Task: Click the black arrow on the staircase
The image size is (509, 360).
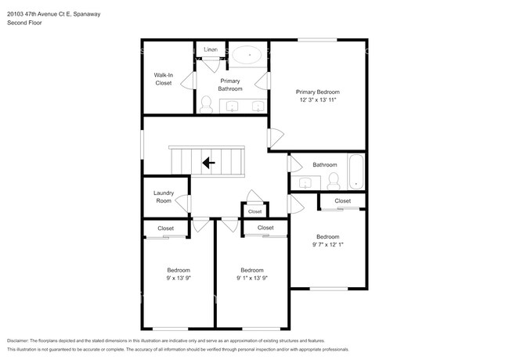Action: point(208,163)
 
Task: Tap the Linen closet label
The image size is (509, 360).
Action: point(211,49)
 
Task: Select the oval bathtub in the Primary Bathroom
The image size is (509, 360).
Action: point(247,55)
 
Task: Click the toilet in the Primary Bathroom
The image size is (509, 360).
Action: point(206,104)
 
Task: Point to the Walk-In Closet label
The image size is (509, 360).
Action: point(164,79)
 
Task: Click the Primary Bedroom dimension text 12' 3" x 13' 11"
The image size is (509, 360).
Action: point(317,100)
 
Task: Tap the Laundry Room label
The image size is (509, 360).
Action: point(164,197)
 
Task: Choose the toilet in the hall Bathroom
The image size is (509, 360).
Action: point(334,181)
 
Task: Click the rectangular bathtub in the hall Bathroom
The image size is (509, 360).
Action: point(356,171)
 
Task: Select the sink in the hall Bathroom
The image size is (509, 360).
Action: point(305,183)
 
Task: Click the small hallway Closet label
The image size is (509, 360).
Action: point(254,211)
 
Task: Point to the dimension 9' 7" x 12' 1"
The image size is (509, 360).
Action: point(328,244)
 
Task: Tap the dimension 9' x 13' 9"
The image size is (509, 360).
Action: point(179,278)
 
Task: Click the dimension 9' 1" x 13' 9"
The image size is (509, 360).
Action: point(252,278)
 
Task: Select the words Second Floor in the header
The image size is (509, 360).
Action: point(24,23)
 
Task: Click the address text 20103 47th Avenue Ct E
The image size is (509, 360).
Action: point(38,14)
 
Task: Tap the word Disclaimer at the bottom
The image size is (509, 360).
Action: point(18,340)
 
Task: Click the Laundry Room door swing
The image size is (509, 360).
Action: point(182,203)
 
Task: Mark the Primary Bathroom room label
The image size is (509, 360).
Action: point(230,85)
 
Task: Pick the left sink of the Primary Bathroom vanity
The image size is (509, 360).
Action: point(233,106)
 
